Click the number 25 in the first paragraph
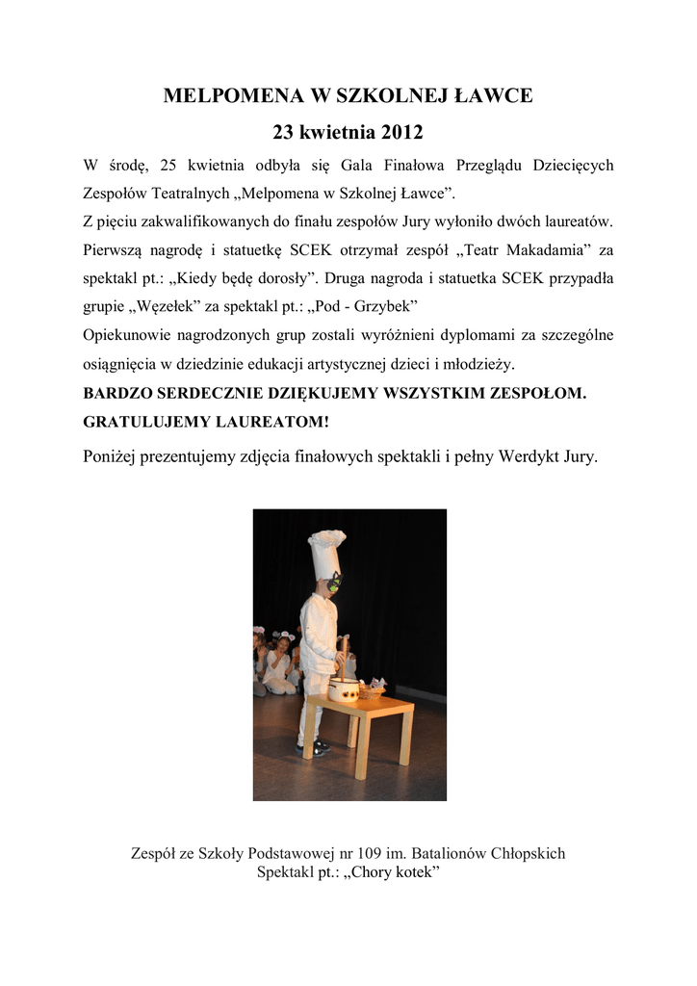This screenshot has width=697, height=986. pos(168,165)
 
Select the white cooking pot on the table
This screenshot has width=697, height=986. pos(343,688)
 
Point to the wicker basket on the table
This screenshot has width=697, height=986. pos(371,689)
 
